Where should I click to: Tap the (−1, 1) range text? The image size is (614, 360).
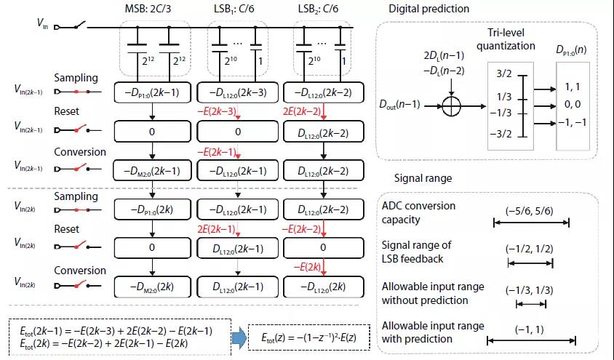530,329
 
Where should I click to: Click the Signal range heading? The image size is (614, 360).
422,177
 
